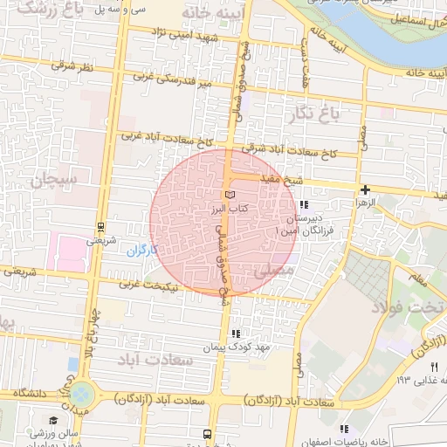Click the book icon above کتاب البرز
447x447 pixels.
[x=230, y=193]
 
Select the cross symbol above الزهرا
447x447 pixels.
[x=365, y=189]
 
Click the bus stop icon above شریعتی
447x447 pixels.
[x=101, y=224]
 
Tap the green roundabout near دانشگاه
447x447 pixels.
[x=84, y=393]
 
